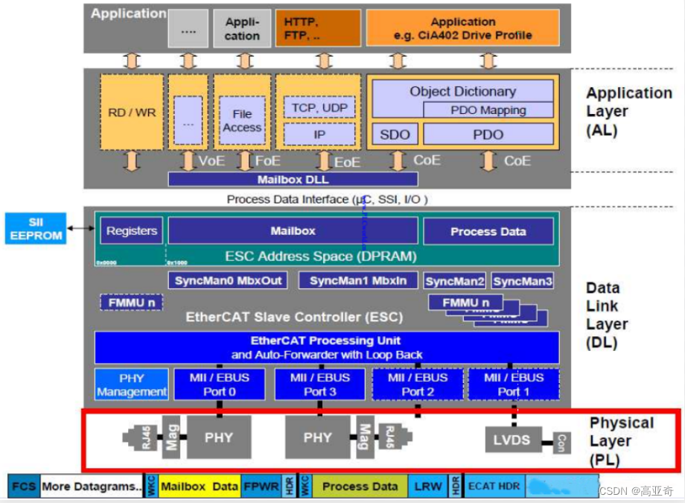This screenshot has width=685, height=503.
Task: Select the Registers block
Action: [x=131, y=231]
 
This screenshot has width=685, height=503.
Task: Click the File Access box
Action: [x=242, y=121]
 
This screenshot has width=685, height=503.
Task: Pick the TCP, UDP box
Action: [x=319, y=107]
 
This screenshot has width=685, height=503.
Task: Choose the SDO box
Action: [x=395, y=135]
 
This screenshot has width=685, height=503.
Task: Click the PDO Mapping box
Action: [x=488, y=110]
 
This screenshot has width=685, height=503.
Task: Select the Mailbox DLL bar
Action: [x=292, y=179]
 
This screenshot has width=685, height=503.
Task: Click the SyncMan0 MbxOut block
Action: [x=229, y=281]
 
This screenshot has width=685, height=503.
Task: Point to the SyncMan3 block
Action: [x=523, y=281]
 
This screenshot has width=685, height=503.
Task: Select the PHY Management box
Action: [x=132, y=385]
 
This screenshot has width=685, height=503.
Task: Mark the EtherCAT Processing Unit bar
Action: [x=326, y=347]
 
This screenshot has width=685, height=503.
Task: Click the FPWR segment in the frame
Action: [x=260, y=487]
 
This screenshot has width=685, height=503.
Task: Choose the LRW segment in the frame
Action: [x=427, y=487]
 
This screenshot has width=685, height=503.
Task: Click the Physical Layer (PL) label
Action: [x=622, y=440]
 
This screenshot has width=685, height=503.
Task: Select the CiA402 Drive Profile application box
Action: [x=462, y=28]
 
